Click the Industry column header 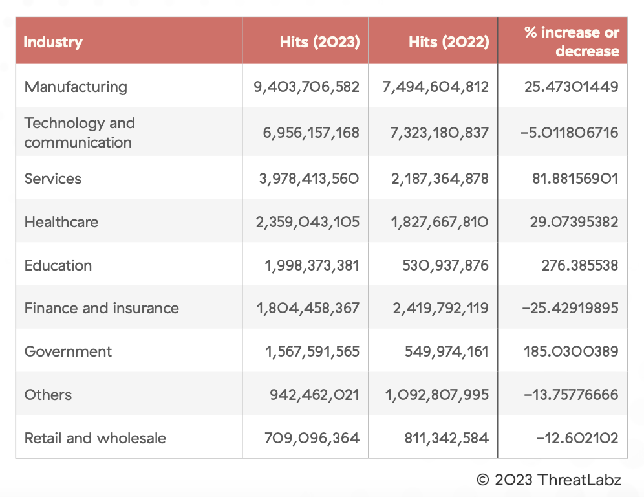[x=53, y=42]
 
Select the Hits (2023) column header [x=319, y=42]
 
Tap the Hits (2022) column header [x=449, y=42]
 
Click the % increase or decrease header [x=572, y=42]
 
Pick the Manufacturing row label [x=76, y=87]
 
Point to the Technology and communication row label [x=80, y=133]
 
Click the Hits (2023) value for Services [x=309, y=179]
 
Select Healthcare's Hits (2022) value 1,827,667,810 [x=440, y=222]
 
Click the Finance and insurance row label [x=102, y=308]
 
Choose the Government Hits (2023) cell [x=312, y=351]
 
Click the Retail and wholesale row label [x=95, y=438]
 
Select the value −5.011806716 [x=569, y=133]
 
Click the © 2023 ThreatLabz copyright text [x=548, y=480]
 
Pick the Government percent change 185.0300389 [x=572, y=351]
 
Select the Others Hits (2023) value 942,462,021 [x=314, y=395]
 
